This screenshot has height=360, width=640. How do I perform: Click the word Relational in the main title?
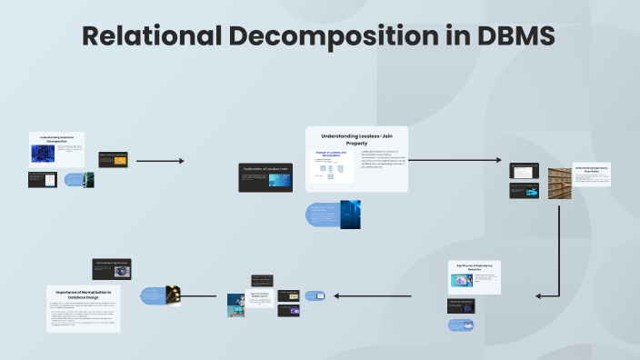coord(150,36)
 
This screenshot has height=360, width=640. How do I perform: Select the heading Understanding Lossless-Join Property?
coord(356,139)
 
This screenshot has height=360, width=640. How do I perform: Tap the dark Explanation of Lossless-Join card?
coord(265,177)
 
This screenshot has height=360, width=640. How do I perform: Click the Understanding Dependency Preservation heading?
coord(592,169)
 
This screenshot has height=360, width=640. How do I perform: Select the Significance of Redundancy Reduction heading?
coord(475,267)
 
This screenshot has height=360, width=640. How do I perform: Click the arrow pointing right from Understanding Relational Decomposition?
coord(159,161)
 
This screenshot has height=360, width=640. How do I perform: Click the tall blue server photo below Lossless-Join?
coord(350,214)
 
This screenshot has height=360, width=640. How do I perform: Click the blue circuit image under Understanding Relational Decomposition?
coord(43,154)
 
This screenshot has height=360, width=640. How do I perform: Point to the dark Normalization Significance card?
coord(112,268)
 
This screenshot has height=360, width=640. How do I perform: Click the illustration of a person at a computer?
coord(235,305)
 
